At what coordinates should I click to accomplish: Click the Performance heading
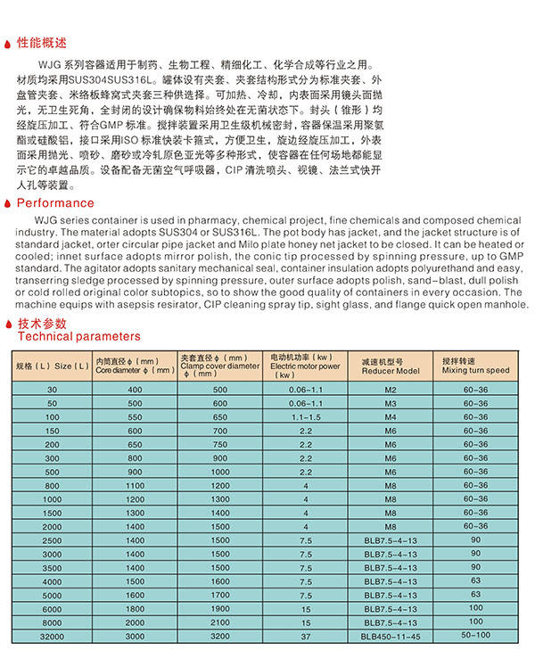55,203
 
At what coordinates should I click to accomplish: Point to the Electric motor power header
305,366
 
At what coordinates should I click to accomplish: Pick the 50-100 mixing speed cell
475,636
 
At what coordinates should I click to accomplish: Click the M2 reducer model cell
390,391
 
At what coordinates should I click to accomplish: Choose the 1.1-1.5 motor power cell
305,416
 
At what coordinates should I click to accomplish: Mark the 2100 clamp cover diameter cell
220,621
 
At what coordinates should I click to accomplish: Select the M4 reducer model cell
390,416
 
